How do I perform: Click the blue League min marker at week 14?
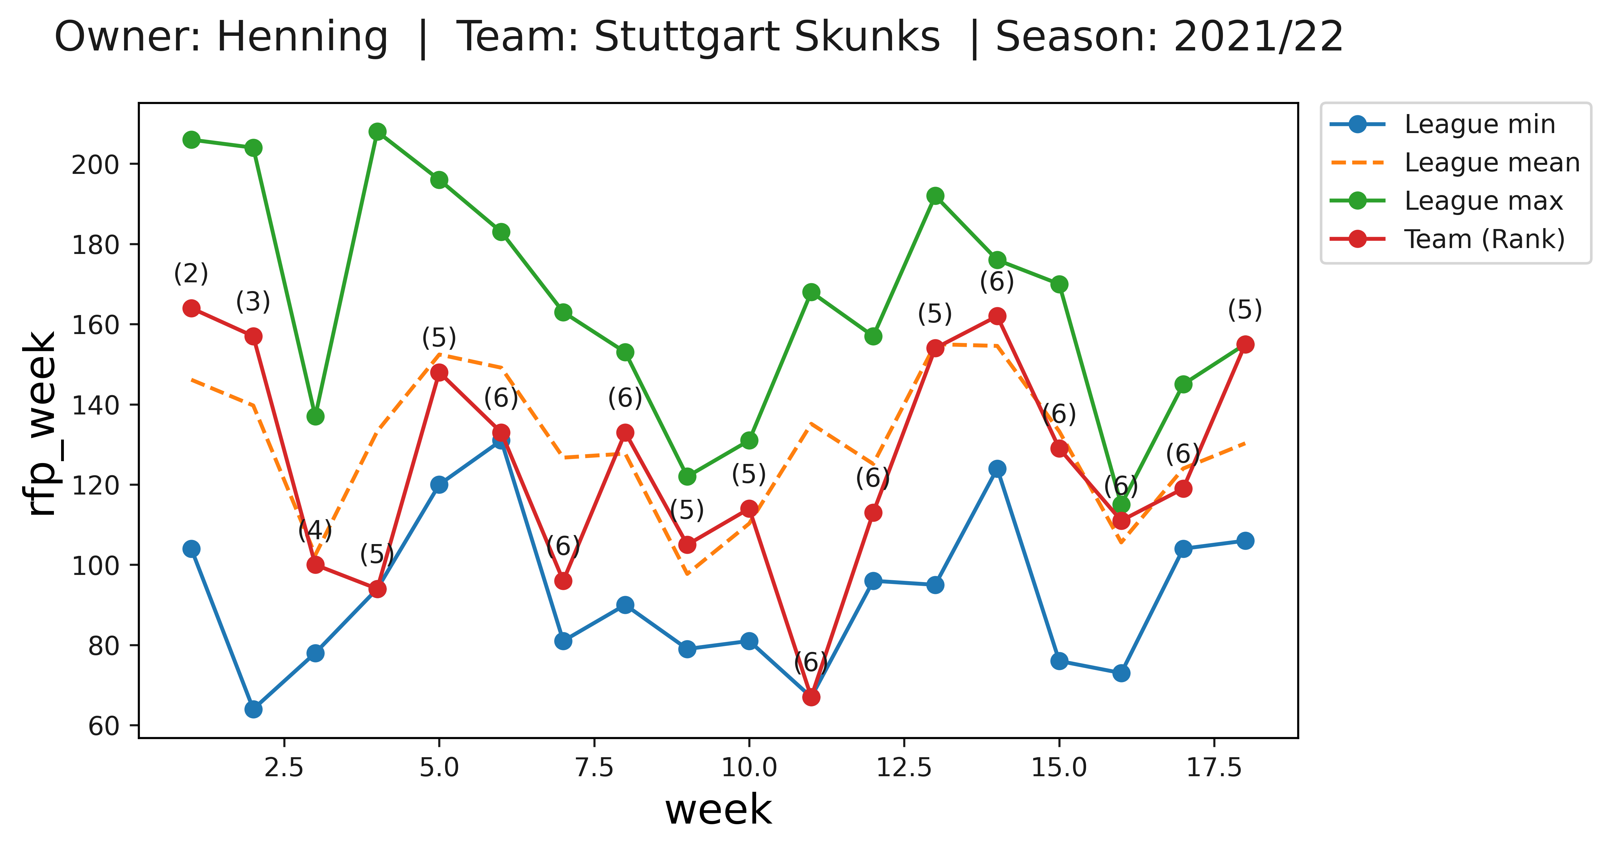[x=998, y=469]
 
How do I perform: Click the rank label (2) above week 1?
[x=191, y=274]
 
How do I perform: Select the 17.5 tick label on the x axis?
[x=1214, y=767]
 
